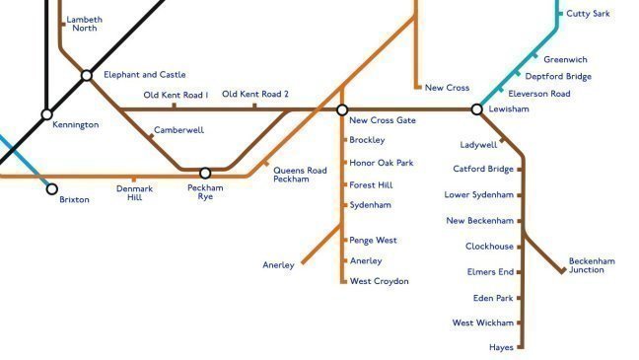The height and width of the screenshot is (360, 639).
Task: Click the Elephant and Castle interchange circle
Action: click(x=87, y=75)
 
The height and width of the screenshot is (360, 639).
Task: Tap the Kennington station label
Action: click(x=75, y=125)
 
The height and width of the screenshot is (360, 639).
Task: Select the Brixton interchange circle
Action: click(x=52, y=188)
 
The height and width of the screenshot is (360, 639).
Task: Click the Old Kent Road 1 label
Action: click(x=176, y=95)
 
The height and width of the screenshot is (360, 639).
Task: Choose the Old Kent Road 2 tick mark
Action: click(x=254, y=106)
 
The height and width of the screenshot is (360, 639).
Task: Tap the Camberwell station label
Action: click(x=178, y=130)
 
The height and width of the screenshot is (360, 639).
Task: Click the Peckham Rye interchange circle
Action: click(x=205, y=174)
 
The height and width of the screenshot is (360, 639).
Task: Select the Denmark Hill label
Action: click(x=134, y=192)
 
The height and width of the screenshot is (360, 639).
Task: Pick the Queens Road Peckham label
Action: click(x=299, y=175)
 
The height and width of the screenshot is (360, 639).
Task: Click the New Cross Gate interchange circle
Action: click(x=342, y=109)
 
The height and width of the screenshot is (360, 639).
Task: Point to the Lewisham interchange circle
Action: click(x=476, y=109)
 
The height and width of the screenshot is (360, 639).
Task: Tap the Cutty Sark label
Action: click(x=588, y=14)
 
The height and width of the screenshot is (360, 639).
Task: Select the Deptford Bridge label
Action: click(x=558, y=76)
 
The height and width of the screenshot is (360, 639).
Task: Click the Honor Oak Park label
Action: click(x=381, y=162)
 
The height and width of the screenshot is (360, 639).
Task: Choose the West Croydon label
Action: click(x=379, y=281)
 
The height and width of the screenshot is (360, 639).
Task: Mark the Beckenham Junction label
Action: click(x=592, y=265)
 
